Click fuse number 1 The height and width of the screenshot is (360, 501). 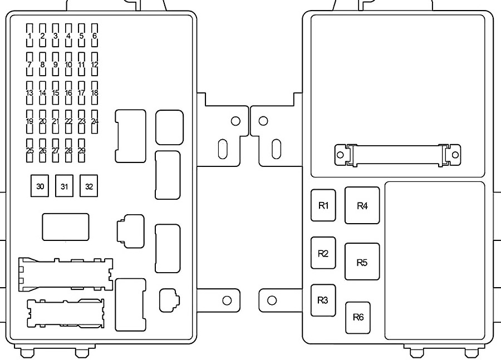(x=30, y=36)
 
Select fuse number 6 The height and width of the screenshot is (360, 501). (x=95, y=36)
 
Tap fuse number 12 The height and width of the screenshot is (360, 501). (x=95, y=64)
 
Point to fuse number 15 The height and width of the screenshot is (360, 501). (x=56, y=92)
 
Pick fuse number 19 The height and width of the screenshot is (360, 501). (x=30, y=121)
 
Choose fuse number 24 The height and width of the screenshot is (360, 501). (x=95, y=121)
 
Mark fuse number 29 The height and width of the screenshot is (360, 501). (x=82, y=150)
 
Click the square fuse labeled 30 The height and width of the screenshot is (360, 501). (x=40, y=186)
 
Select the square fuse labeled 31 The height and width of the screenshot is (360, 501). (x=64, y=186)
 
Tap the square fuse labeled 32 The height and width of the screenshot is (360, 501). (x=89, y=186)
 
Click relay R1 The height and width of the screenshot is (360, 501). (x=323, y=205)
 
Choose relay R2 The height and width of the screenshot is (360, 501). (x=323, y=253)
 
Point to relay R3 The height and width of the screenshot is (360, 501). (x=323, y=300)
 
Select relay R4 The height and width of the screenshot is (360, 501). (x=362, y=205)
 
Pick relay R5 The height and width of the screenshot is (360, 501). (x=362, y=262)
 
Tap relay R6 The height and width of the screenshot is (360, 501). (x=358, y=318)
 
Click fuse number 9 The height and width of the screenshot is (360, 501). (x=56, y=64)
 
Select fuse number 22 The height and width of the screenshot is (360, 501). (x=68, y=121)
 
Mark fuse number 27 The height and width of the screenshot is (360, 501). (x=56, y=150)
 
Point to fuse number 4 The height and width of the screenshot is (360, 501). (x=68, y=36)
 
